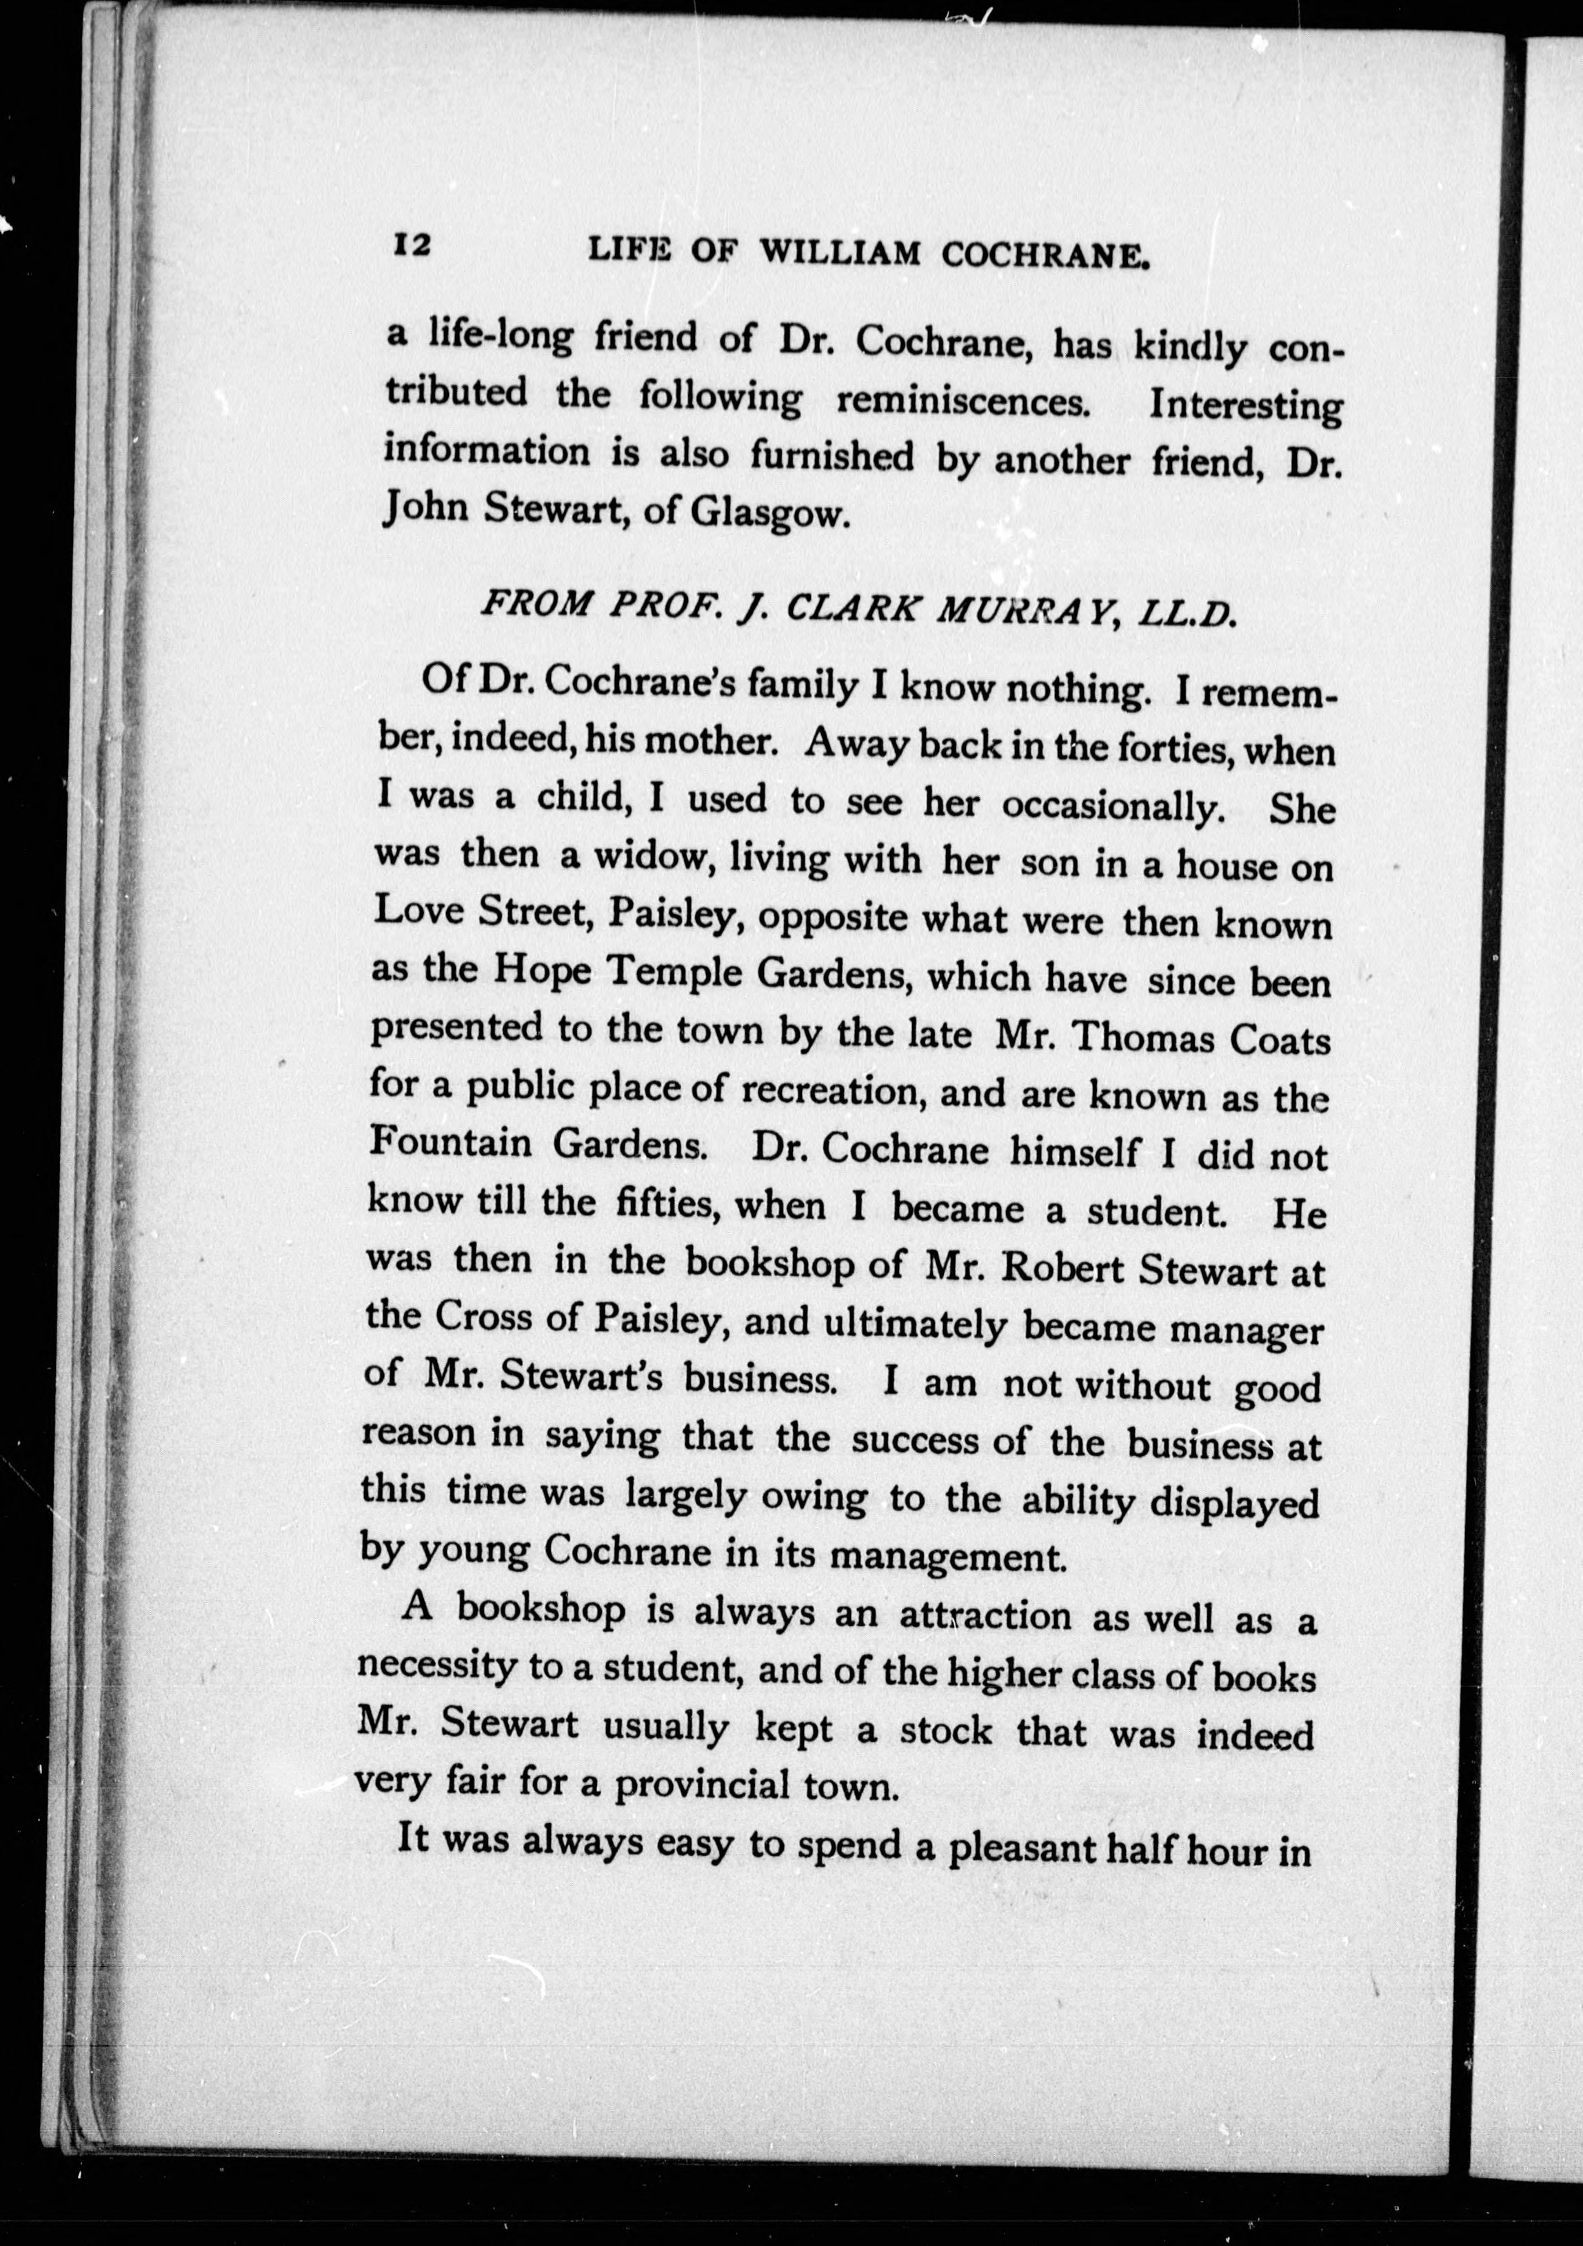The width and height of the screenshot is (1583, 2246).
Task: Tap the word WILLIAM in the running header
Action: [840, 252]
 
